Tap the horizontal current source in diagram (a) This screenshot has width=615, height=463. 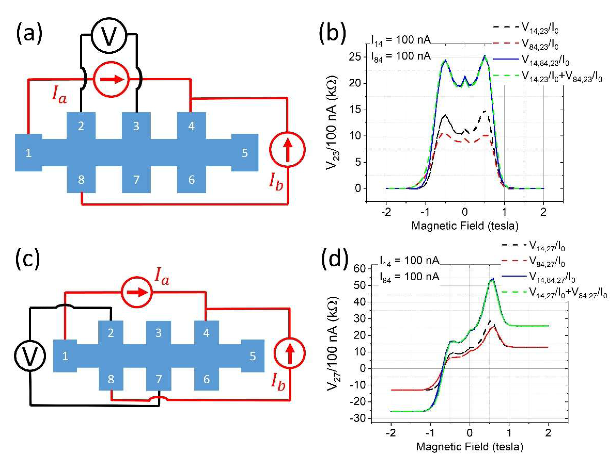[x=111, y=79]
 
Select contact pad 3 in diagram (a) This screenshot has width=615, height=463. [x=136, y=126]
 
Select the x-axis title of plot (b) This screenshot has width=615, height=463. [x=465, y=226]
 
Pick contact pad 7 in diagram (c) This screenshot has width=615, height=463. [x=159, y=379]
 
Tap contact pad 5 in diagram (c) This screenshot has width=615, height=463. [x=253, y=356]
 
